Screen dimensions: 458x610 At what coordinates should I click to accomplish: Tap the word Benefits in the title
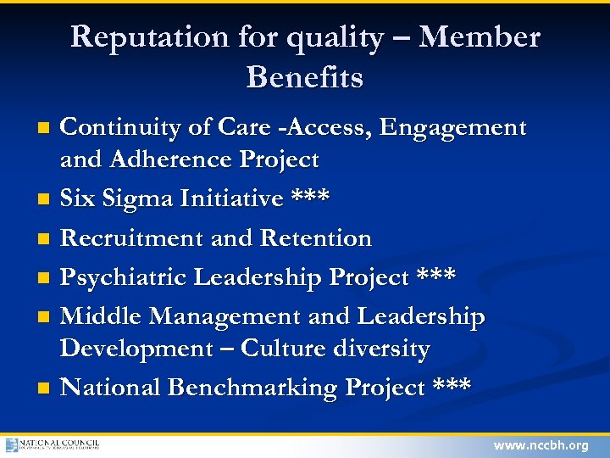coord(304,77)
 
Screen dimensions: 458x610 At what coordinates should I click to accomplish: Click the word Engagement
coord(453,128)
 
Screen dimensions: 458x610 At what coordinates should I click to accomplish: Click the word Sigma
coord(141,199)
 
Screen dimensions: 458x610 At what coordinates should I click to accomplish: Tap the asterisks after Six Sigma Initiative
coord(310,198)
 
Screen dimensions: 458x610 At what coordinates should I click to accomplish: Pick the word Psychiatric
coord(125,277)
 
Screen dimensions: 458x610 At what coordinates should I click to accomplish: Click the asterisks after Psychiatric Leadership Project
coord(436,276)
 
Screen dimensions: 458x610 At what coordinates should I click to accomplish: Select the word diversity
coord(387,348)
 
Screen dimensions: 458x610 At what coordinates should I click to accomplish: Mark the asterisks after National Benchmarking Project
coord(452,386)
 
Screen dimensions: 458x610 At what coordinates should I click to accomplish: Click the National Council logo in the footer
coord(53,444)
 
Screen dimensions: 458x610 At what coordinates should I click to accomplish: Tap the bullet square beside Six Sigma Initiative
coord(44,200)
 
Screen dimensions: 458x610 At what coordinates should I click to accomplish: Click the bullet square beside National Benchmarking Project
coord(44,388)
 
